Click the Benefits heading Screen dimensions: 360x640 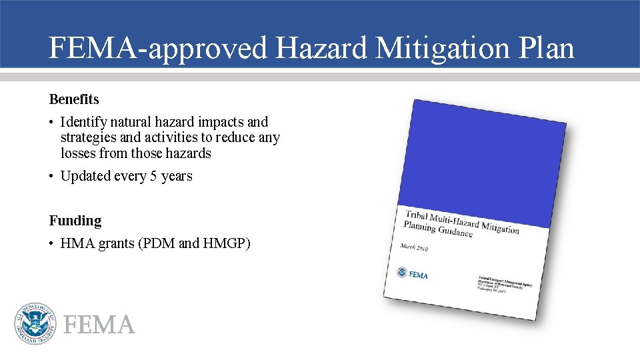click(74, 99)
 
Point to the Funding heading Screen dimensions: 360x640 click(75, 221)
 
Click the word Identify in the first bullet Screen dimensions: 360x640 click(83, 123)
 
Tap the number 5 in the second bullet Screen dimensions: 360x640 click(153, 177)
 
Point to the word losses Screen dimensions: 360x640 click(78, 153)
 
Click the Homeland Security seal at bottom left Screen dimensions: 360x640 click(35, 323)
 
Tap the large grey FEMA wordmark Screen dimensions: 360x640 click(99, 325)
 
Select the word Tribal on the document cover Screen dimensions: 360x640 click(422, 216)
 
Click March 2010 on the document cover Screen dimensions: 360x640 click(414, 248)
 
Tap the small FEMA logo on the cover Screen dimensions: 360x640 click(411, 273)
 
